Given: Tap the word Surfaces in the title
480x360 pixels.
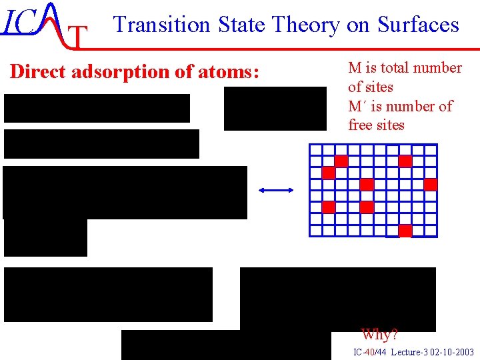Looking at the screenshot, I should click(x=418, y=25).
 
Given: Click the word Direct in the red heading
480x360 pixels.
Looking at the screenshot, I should click(x=37, y=72).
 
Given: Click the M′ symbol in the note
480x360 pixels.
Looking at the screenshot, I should click(x=358, y=107).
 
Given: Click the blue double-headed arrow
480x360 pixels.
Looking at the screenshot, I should click(x=276, y=191).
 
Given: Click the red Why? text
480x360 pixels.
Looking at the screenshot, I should click(x=379, y=334).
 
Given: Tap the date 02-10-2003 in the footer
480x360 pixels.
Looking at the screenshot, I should click(x=453, y=352).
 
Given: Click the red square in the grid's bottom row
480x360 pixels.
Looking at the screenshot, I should click(x=405, y=231).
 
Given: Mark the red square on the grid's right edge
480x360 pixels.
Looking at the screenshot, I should click(x=431, y=184).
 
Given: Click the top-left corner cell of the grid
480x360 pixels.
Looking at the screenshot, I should click(x=315, y=150).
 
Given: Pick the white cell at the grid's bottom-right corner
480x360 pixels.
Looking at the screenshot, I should click(x=431, y=231).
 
